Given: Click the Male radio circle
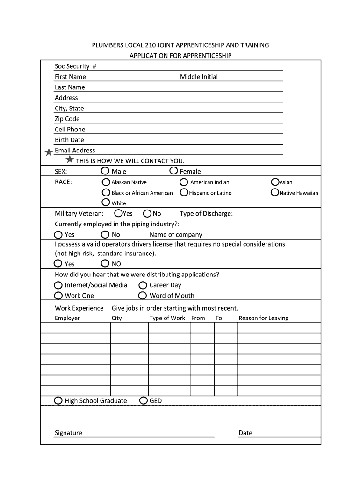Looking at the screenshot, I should point(106,171).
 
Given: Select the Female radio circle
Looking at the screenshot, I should point(173,171).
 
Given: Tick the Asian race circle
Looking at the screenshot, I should point(275,181).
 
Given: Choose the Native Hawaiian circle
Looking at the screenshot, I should point(275,192).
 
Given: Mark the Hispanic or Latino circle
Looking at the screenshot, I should point(185,192).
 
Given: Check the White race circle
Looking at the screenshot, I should point(106,203).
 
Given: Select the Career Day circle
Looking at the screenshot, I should point(143,285).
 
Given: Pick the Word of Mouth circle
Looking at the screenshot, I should point(143,295).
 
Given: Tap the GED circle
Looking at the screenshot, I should point(144,400).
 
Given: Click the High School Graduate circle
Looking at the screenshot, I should point(58,400).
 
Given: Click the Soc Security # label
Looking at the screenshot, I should point(75,66).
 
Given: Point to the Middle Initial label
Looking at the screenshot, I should point(199,77).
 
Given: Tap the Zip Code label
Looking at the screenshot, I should point(67,119).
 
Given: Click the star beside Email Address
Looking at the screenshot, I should point(49,152).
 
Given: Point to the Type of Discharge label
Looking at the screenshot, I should point(206,214).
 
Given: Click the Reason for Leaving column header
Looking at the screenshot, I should point(263,318).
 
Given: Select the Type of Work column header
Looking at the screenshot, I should point(167,318).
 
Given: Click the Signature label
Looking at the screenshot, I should point(68,433).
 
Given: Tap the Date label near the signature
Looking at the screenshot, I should point(245,433).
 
